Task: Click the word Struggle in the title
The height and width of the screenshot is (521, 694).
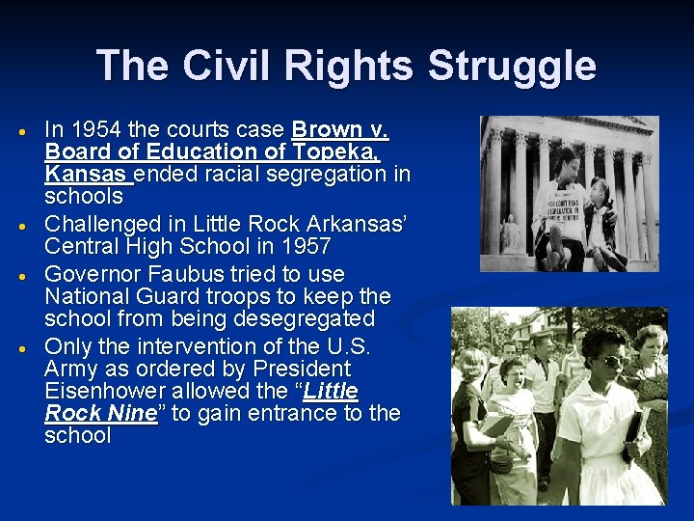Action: point(511,68)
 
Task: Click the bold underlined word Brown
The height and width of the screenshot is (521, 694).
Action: point(326,129)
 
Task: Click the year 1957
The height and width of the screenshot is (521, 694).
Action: point(302,246)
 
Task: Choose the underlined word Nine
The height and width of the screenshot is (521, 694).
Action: point(131,413)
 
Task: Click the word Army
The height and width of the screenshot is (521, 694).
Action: point(73,369)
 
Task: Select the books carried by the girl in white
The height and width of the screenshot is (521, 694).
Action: point(637,425)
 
